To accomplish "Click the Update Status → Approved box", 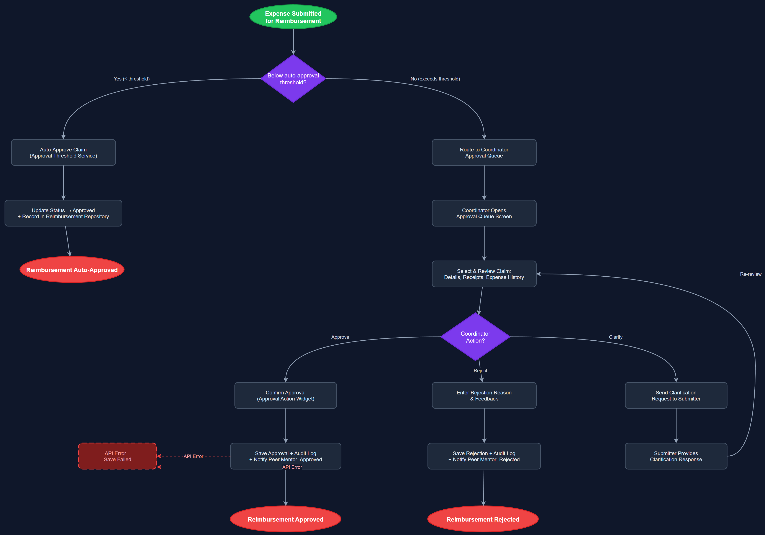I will click(63, 213).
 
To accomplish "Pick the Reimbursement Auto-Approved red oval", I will click(72, 270).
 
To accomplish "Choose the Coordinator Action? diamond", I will click(475, 337).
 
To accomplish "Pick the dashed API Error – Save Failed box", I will click(117, 456).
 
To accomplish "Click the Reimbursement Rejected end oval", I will click(483, 519).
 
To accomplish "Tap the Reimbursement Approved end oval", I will click(285, 519).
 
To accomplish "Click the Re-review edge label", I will click(750, 274).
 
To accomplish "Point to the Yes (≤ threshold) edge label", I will click(132, 79).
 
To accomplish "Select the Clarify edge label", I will click(615, 337).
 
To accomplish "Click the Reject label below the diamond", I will click(480, 371).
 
